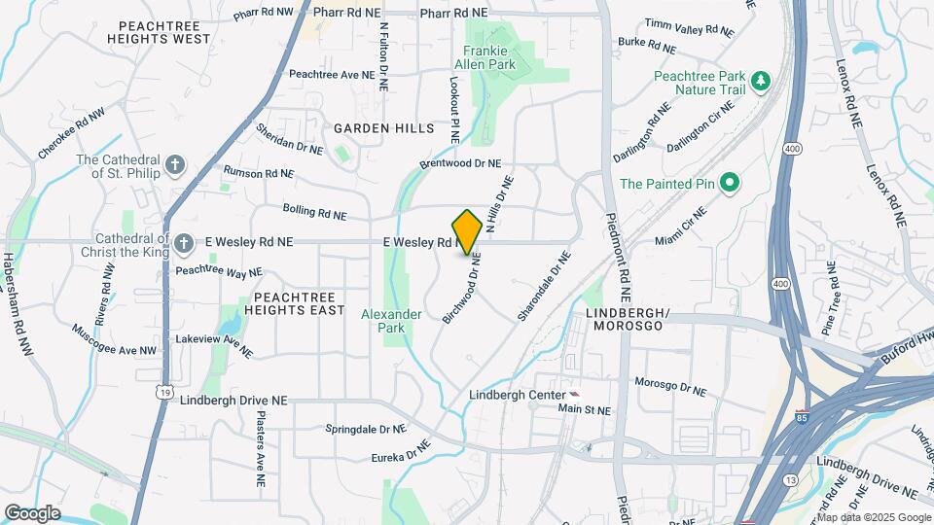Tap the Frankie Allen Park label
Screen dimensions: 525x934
(x=489, y=57)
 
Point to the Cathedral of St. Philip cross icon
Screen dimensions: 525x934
(x=175, y=165)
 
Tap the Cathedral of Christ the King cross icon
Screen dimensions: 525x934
(x=184, y=241)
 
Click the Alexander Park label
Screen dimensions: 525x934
(x=391, y=321)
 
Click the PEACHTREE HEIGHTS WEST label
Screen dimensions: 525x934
(x=164, y=32)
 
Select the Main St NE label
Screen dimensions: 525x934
(x=583, y=410)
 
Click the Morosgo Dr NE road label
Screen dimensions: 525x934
(x=670, y=386)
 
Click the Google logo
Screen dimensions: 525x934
(x=32, y=513)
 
